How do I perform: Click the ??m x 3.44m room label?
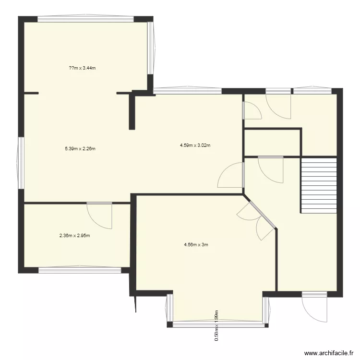83,68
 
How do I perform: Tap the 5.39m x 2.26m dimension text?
80,149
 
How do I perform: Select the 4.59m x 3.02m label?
196,145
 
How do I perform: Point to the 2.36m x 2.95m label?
75,236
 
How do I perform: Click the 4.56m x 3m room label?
196,245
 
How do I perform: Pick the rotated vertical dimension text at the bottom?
216,325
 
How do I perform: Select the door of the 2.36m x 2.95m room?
100,216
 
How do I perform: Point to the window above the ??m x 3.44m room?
85,19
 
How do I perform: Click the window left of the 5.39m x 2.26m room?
21,163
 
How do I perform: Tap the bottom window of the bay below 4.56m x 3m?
217,325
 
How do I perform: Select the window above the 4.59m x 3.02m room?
187,90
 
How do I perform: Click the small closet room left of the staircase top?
272,143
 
